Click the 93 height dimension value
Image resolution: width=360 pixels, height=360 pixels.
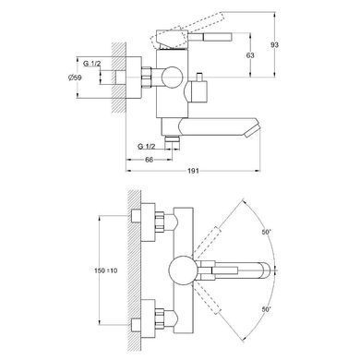coord(274,45)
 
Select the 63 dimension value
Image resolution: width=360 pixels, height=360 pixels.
coord(250,55)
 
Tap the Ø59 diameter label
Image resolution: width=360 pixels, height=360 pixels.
coord(75,78)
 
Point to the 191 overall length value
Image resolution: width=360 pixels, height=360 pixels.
coord(193,171)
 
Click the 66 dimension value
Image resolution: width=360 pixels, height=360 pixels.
coord(149,160)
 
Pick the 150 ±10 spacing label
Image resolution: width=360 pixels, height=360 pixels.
coord(105,270)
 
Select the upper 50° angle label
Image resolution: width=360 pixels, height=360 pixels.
coord(267,232)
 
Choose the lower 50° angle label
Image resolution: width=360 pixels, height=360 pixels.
coord(267,309)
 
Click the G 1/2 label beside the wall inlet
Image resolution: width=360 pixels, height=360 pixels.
coord(91,64)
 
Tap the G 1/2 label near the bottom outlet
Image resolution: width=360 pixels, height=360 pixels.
coord(147,147)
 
